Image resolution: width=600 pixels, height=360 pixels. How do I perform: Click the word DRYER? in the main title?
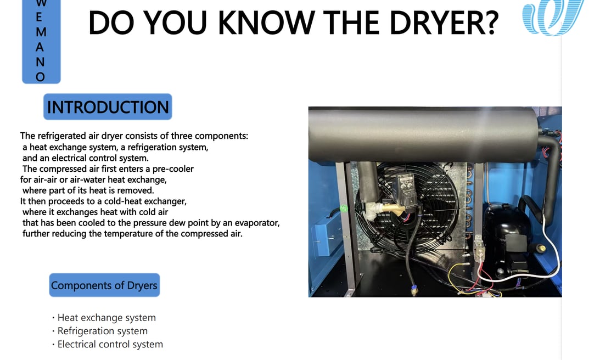[444, 24]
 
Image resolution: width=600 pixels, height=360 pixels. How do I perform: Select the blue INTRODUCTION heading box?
[108, 106]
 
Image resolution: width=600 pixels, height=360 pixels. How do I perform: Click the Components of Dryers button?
[104, 285]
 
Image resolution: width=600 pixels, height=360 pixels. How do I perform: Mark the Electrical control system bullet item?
[108, 344]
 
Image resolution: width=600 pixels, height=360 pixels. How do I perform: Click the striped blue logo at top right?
[553, 17]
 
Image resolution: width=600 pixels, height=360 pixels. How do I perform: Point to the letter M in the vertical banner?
[41, 32]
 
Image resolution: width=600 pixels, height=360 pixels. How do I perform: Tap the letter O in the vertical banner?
[41, 77]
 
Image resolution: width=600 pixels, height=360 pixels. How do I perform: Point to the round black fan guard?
[407, 207]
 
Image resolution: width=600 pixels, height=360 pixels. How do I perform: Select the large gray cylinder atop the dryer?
[423, 134]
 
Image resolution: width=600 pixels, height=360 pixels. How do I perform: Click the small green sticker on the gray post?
[344, 209]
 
